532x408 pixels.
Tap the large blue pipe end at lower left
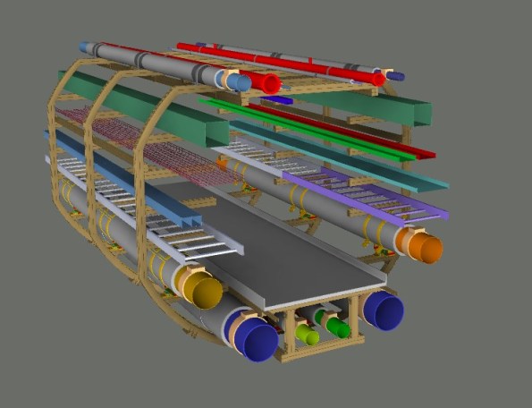point(258,341)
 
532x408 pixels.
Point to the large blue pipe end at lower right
point(385,310)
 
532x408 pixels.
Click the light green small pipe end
point(308,336)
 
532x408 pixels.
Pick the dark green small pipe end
point(337,327)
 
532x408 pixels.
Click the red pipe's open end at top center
point(270,84)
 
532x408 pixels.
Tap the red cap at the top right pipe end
point(379,79)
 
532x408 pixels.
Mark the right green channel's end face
point(420,113)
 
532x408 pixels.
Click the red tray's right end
point(429,155)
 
